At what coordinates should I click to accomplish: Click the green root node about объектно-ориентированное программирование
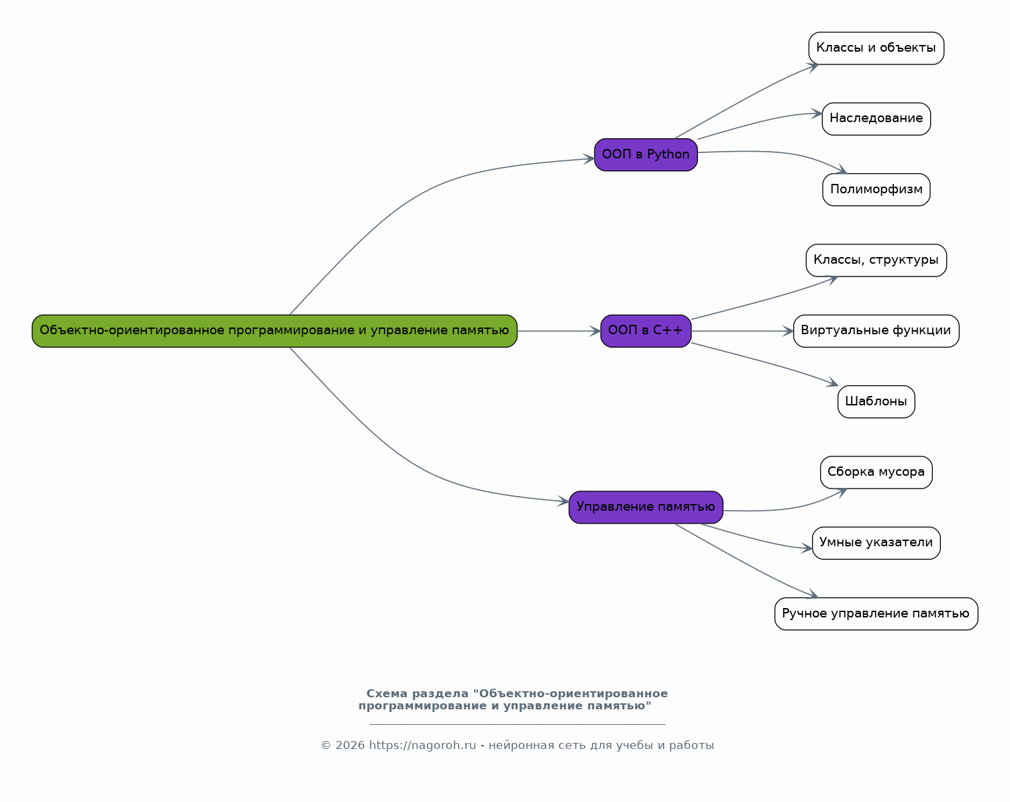pos(274,331)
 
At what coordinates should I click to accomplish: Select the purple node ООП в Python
pos(646,154)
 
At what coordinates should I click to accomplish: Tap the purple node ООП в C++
pos(646,331)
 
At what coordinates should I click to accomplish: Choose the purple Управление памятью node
pos(646,507)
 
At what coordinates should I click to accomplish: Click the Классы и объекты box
pos(876,48)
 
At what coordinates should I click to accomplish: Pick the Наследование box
pos(876,119)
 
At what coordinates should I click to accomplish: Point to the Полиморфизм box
pos(876,189)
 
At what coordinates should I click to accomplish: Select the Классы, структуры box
pos(876,260)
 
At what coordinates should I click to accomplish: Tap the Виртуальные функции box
pos(876,331)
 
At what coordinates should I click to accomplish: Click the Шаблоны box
pos(876,402)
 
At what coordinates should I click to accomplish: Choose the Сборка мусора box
pos(876,472)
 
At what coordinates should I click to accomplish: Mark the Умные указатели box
pos(876,543)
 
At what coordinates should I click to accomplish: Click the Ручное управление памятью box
pos(876,614)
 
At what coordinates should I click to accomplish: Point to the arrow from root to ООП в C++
pos(559,331)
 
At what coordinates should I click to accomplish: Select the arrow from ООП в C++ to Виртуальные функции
pos(742,331)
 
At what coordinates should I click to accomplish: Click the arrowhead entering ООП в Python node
pos(589,158)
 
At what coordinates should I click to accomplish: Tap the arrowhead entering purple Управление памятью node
pos(563,501)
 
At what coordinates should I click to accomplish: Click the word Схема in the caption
pos(387,693)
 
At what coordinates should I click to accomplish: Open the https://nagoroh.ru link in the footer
pos(422,745)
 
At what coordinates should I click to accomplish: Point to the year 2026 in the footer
pos(350,745)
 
